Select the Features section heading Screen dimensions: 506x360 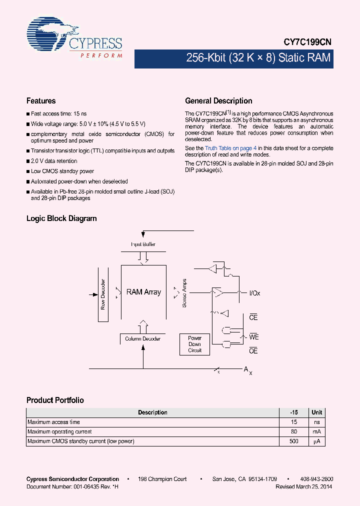point(41,101)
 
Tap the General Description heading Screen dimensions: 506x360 point(218,101)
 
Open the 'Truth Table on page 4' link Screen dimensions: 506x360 point(230,148)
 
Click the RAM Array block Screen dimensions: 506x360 point(144,292)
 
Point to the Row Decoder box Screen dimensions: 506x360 point(103,294)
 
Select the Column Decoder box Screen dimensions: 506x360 point(143,339)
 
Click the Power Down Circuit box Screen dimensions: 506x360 point(194,344)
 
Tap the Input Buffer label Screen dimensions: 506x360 point(143,244)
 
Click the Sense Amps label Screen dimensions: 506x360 point(184,293)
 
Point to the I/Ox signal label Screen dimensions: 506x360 point(254,293)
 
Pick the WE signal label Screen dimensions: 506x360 point(253,337)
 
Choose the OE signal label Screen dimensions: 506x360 point(253,351)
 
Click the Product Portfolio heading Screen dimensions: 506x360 point(55,400)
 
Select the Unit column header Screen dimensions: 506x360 point(317,412)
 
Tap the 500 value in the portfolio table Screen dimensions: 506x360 point(294,441)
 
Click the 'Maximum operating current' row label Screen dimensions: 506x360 point(59,432)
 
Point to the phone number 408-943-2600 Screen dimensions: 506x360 point(317,479)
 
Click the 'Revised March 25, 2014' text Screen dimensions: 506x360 point(303,486)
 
